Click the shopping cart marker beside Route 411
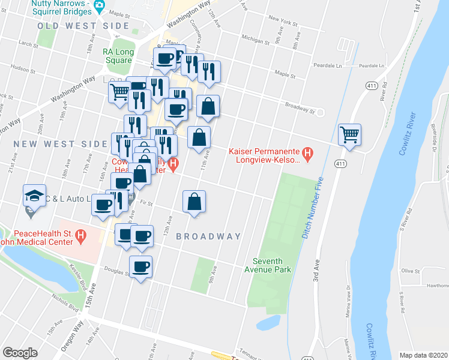350,134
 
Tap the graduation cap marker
34,195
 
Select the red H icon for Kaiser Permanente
308,155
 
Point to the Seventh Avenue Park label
271,265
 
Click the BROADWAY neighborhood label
208,236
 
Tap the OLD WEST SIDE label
83,26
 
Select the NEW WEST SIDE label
53,144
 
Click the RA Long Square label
117,56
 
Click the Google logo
20,353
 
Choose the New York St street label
283,22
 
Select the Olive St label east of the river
411,271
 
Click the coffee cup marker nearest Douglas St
141,266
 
